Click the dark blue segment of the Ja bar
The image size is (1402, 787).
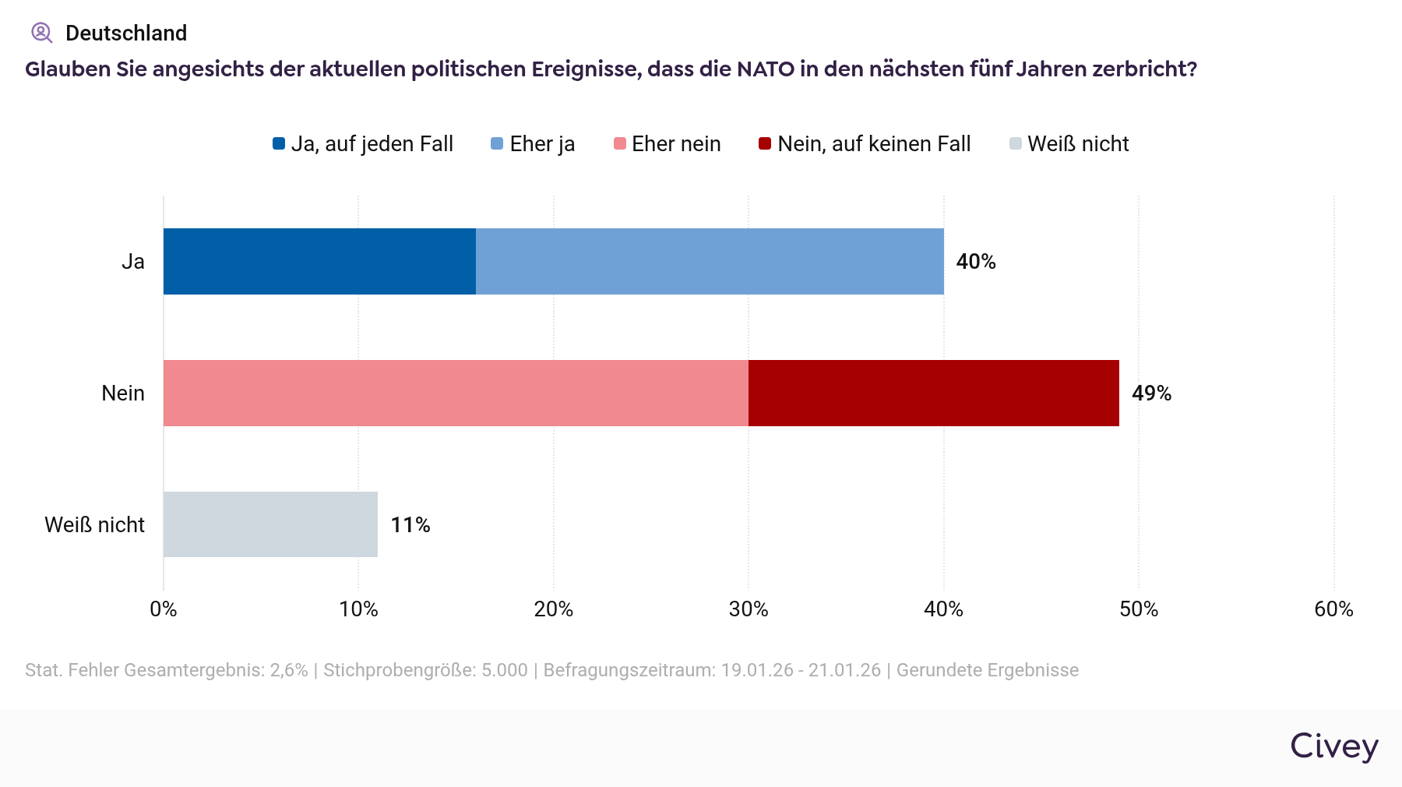click(319, 262)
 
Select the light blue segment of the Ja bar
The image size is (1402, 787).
click(710, 262)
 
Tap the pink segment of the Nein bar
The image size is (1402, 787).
click(456, 393)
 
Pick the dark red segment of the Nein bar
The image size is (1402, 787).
click(933, 393)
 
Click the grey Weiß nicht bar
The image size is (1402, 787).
click(270, 524)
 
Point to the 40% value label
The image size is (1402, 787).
click(976, 262)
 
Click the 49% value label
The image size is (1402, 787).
click(1151, 393)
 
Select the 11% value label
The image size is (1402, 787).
click(410, 525)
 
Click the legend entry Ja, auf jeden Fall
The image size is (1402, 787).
click(363, 144)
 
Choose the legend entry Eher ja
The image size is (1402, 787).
click(533, 144)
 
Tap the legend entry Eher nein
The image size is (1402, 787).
click(668, 144)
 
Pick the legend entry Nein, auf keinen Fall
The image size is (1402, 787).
click(865, 144)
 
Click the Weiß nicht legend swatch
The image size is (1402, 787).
click(1016, 144)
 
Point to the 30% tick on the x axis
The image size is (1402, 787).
click(749, 609)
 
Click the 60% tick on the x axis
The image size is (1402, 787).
click(1333, 609)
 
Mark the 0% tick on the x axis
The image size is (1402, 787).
click(164, 609)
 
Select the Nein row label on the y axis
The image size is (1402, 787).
click(123, 393)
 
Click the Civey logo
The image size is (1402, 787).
click(1334, 746)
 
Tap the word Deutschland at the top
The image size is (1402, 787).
click(126, 34)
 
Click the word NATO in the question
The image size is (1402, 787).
click(765, 69)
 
